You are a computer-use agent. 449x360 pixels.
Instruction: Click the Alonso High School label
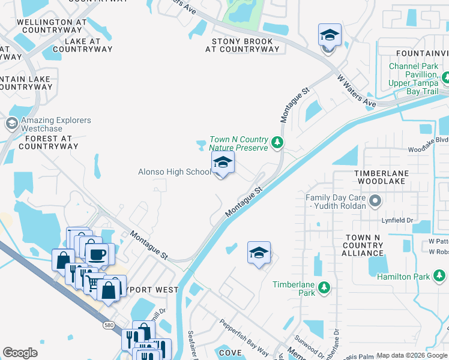175,172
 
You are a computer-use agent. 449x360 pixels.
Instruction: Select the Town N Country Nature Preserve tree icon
277,142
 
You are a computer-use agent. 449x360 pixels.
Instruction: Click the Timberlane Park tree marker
324,288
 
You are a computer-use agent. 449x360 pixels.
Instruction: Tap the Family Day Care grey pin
375,200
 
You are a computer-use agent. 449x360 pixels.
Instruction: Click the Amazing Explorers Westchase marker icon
11,124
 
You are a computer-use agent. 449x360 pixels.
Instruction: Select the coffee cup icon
96,254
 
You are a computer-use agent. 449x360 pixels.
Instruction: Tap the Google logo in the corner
20,353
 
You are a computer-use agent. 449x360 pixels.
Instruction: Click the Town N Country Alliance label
363,245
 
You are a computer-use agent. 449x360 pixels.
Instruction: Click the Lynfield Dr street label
398,221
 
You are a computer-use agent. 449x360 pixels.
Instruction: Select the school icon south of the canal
259,253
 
